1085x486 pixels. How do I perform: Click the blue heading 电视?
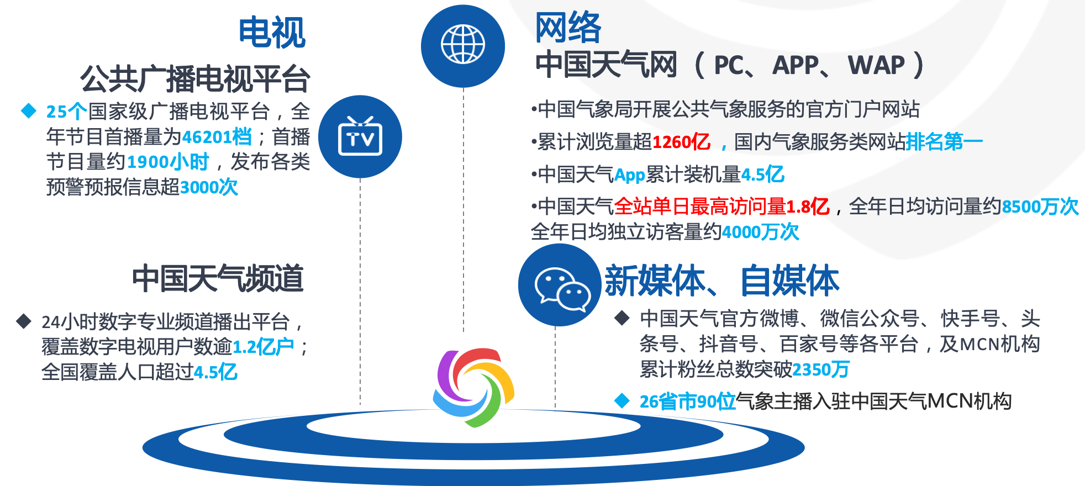tap(272, 33)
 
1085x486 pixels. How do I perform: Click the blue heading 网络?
tap(568, 27)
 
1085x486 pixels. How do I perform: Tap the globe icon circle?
tap(463, 46)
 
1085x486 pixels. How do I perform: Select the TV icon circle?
tap(360, 136)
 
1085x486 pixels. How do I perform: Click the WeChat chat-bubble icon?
tap(560, 285)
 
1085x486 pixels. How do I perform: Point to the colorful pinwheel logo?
tap(474, 387)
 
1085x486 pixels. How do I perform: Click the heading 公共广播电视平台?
tap(195, 78)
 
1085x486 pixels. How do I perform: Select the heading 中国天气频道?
tap(218, 278)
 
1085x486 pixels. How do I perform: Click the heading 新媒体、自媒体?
tap(722, 281)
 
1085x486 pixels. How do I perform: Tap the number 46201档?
tap(217, 136)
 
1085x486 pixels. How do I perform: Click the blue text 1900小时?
tap(168, 162)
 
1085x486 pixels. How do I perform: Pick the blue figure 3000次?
tap(209, 187)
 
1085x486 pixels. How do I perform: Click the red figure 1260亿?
tap(681, 142)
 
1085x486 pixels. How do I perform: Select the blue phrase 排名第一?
tap(945, 142)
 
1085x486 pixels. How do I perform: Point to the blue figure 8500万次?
tap(1040, 207)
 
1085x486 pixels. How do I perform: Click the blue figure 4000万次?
tap(761, 232)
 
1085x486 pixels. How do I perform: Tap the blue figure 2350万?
tap(821, 369)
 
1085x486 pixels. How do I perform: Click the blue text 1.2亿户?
tap(264, 347)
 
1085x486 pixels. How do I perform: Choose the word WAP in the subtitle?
tap(876, 65)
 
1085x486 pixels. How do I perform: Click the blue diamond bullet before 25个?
tap(29, 110)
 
